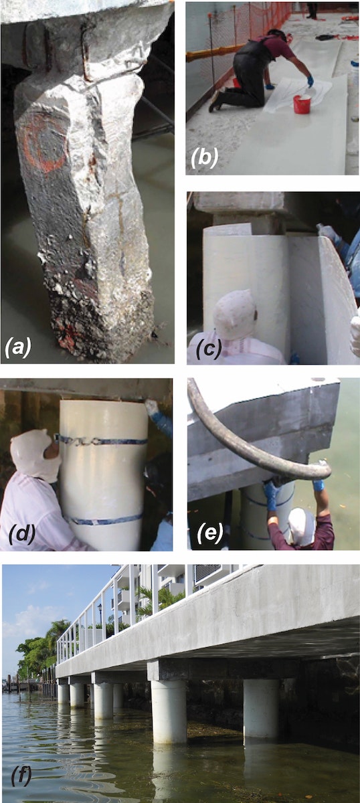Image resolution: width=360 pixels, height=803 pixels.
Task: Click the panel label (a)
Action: tap(18, 347)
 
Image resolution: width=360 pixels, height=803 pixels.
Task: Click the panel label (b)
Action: tap(204, 157)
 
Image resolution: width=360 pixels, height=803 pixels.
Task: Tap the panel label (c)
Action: tap(209, 348)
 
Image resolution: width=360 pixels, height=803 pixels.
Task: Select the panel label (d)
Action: tap(22, 535)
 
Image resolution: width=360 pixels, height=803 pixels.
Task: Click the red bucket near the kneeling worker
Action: tap(302, 104)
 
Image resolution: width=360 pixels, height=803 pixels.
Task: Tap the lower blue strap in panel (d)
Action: tap(104, 519)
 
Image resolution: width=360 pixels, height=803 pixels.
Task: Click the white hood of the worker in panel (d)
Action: tap(34, 454)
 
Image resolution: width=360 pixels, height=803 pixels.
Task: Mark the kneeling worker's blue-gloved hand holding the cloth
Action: tap(310, 82)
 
